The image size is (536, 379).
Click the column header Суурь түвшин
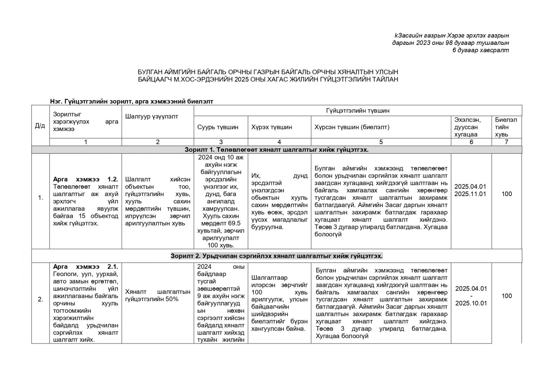pos(218,127)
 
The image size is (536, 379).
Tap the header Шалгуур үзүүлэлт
pos(151,116)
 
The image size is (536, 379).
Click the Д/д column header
pos(40,126)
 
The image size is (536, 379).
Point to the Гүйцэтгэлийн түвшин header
pos(357,111)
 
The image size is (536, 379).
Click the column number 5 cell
pos(381,142)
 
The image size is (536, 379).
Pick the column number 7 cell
pos(506,142)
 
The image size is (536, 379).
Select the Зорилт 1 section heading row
pos(276,149)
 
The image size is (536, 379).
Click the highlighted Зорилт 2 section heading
pos(276,256)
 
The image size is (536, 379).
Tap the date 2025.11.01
pos(470,194)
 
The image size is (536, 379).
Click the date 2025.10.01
pos(471,303)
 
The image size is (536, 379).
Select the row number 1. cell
pos(41,198)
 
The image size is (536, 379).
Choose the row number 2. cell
pos(41,299)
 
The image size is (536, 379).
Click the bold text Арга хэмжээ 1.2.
pos(85,179)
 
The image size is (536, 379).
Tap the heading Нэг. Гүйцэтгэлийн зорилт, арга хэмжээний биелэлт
pos(131,101)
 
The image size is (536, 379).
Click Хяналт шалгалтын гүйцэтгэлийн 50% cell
pos(157,296)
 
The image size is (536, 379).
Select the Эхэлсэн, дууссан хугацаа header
pos(471,127)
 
